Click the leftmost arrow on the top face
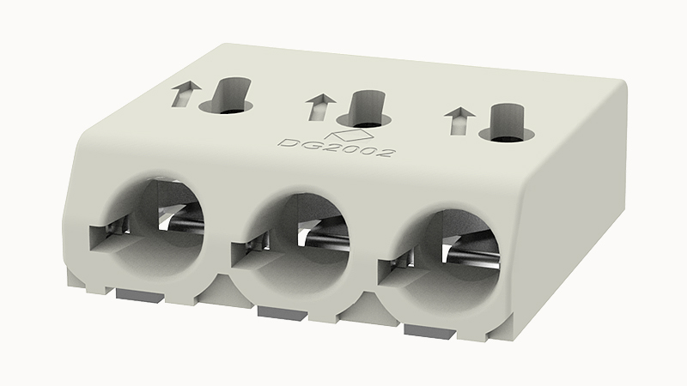click(185, 93)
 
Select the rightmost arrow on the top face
click(459, 121)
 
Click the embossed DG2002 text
click(337, 147)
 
